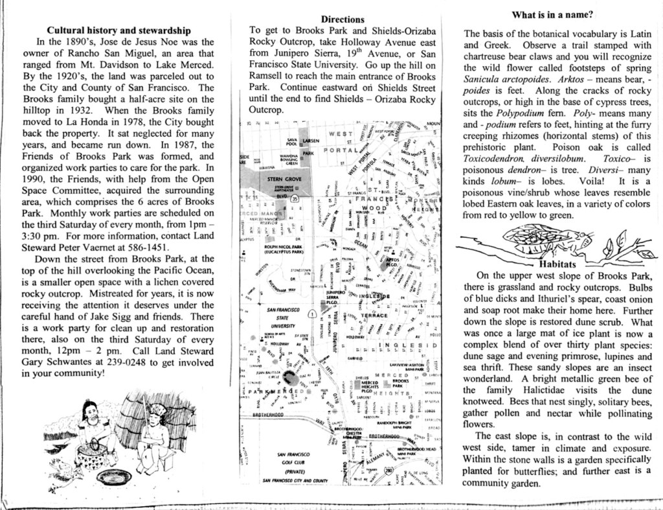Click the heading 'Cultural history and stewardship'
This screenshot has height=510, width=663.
[x=119, y=30]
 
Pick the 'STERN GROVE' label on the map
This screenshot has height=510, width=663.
[x=284, y=178]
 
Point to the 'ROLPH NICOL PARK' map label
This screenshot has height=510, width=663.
[x=284, y=246]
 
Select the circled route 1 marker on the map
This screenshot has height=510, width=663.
[x=311, y=314]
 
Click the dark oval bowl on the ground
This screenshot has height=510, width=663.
[x=114, y=477]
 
